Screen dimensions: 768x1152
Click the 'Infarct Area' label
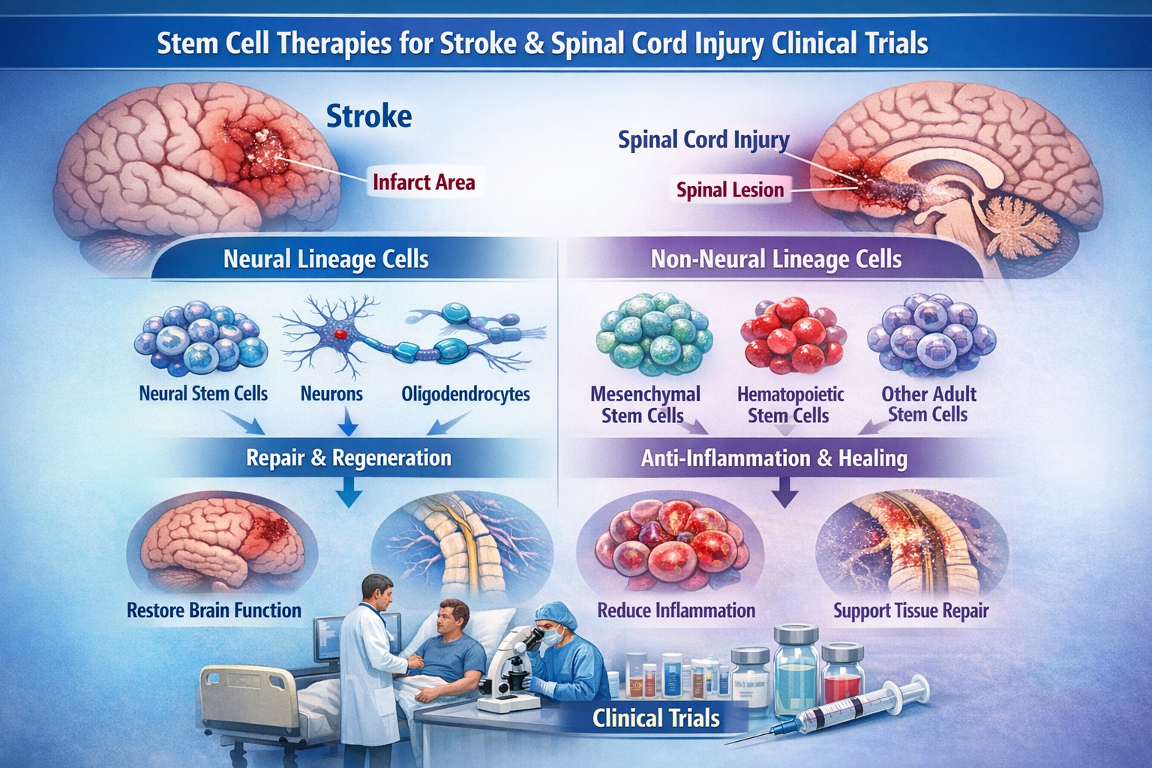pyautogui.click(x=423, y=182)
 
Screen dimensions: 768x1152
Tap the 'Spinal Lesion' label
pyautogui.click(x=730, y=190)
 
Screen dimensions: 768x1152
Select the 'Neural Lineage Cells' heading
pyautogui.click(x=325, y=259)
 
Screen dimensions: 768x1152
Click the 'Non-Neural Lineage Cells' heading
pyautogui.click(x=775, y=259)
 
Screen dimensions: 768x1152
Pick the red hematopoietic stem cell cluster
pyautogui.click(x=792, y=335)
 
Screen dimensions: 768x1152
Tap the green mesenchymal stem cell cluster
pyautogui.click(x=653, y=334)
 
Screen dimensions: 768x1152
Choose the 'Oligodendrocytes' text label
pyautogui.click(x=465, y=394)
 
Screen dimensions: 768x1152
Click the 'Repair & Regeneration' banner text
pyautogui.click(x=349, y=457)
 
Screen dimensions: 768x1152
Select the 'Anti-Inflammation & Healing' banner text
pyautogui.click(x=774, y=458)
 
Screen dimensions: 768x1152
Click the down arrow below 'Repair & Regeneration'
pyautogui.click(x=348, y=494)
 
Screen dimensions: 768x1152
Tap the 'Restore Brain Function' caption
pyautogui.click(x=214, y=610)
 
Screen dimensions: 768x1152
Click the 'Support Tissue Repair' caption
pyautogui.click(x=910, y=611)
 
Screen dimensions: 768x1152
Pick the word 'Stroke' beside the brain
pyautogui.click(x=369, y=116)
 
